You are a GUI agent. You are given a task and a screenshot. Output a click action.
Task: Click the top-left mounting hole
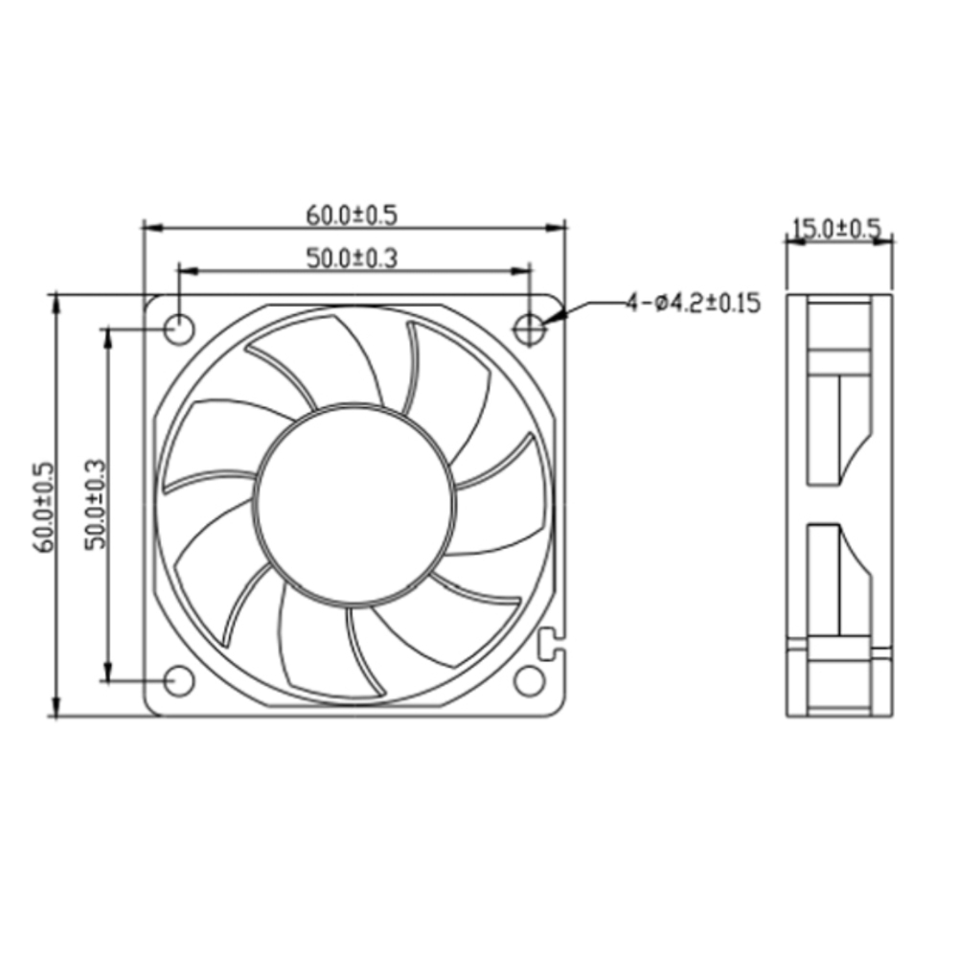tap(179, 330)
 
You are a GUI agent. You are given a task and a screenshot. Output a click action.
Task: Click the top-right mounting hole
tap(529, 330)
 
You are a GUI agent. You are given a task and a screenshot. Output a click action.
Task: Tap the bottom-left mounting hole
tap(179, 681)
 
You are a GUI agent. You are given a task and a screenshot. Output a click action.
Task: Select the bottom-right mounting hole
tap(529, 681)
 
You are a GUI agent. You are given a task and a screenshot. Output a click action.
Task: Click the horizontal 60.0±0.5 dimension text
tap(352, 216)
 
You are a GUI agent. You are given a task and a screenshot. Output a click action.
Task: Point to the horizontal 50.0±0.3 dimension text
tap(352, 259)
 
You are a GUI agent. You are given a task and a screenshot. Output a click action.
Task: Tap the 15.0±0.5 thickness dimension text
tap(837, 229)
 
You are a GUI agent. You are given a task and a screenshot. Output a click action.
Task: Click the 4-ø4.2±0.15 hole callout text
tap(694, 303)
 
